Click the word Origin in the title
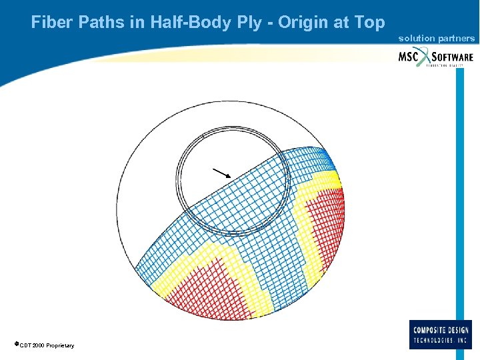point(303,23)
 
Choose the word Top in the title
point(369,23)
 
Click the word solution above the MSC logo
point(416,39)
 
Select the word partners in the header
point(455,39)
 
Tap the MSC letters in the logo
point(408,57)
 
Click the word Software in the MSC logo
point(451,57)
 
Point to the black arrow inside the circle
point(221,173)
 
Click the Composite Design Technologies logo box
point(440,334)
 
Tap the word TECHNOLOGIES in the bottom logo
point(435,340)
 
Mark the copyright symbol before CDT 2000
point(16,344)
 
